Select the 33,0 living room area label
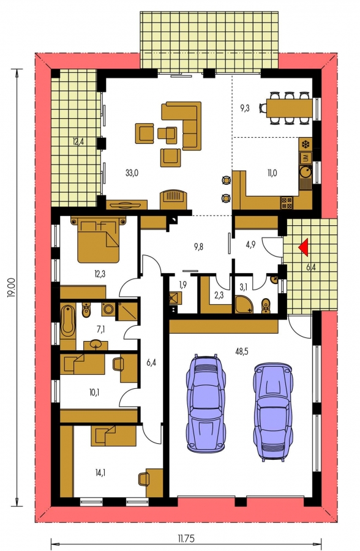coord(132,172)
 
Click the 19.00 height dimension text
coord(12,288)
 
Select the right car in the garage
coord(274,411)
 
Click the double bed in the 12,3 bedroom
coord(99,240)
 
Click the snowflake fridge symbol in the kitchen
coord(306,144)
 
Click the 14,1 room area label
coord(100,473)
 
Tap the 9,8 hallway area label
coord(198,247)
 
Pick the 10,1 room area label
coord(94,392)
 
